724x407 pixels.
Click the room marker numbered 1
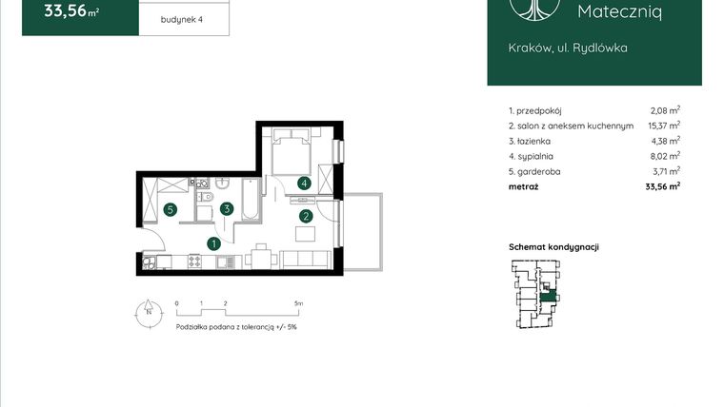point(215,243)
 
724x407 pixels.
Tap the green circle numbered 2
point(306,216)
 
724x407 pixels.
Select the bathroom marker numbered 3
point(227,209)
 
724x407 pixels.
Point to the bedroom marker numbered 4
point(304,183)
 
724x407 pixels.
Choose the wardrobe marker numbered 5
point(169,209)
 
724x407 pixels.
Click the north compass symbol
point(149,313)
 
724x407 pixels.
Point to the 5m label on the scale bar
point(298,303)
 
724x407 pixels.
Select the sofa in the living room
point(303,258)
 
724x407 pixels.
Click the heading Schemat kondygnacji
point(553,247)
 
